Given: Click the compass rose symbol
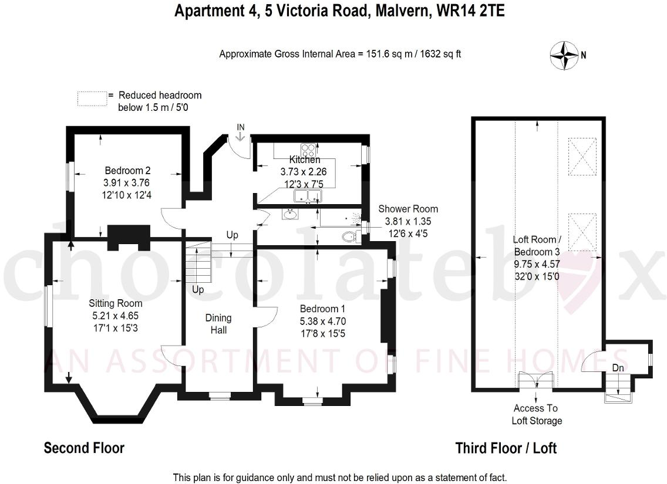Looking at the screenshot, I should pos(564,55).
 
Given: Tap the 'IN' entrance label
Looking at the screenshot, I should pos(241,127).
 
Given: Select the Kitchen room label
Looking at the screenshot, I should pos(305,160).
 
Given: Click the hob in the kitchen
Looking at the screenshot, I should pos(308,148).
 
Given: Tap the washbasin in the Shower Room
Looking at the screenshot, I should pos(290,214).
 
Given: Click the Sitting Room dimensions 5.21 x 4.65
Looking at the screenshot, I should pos(115,315).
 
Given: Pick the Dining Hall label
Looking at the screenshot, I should pos(218,324).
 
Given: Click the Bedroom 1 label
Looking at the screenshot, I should pos(319,309).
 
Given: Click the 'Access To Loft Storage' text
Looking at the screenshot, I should pos(537,414).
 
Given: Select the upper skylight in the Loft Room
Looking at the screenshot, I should pos(582,157).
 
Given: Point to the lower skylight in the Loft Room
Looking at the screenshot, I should pos(582,232).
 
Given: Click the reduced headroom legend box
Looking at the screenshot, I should pos(92,98).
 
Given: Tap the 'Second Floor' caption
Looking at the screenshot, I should pos(84,448).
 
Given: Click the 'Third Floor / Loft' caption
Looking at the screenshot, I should pos(506,448).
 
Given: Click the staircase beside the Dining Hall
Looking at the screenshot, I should pos(198,263).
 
